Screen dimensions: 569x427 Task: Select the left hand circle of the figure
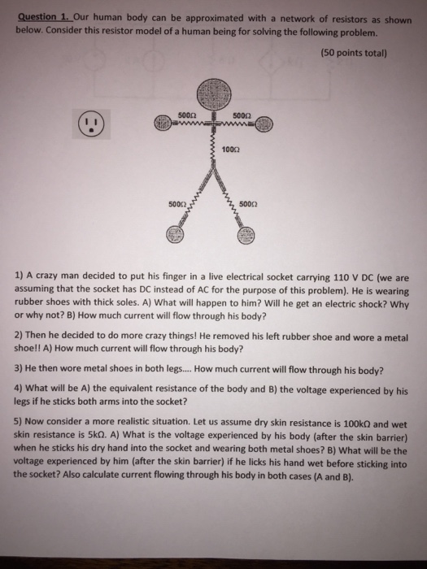[160, 124]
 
